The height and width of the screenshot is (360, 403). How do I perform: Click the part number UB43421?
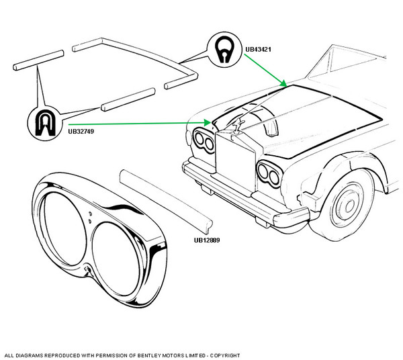[259, 50]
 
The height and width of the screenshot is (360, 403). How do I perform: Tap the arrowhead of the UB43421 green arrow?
[287, 85]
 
